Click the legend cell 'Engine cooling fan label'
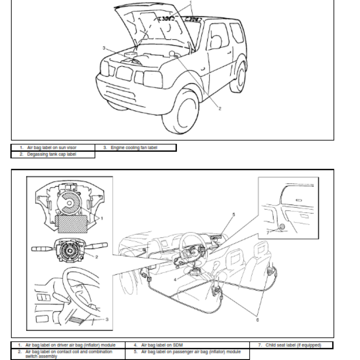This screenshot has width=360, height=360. pos(135,147)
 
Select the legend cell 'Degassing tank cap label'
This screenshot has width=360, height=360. pos(53,154)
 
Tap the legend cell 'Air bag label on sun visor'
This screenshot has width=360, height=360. pos(53,147)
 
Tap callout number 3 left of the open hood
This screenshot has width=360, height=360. pos(103,48)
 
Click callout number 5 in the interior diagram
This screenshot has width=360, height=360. pos(234,215)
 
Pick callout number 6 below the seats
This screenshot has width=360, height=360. pos(257,320)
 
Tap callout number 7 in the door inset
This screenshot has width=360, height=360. pos(267,232)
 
